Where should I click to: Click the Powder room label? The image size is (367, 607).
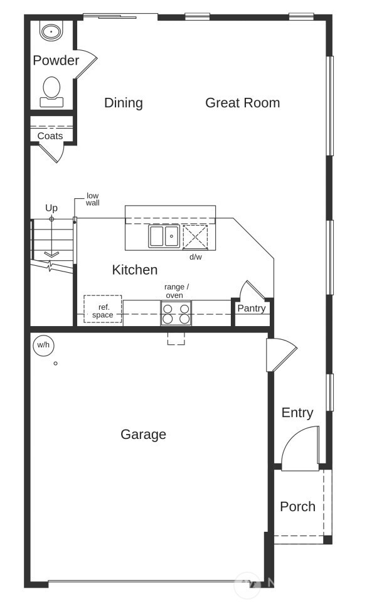click(56, 60)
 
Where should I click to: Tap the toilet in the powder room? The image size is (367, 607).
click(51, 92)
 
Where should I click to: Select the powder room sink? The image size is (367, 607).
click(51, 31)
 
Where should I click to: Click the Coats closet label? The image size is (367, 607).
click(50, 136)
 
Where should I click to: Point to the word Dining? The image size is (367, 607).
click(124, 103)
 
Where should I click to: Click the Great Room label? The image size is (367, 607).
click(242, 103)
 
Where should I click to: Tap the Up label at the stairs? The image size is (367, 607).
click(51, 208)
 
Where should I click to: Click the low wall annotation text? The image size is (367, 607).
click(92, 199)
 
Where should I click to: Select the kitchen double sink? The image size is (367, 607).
click(164, 236)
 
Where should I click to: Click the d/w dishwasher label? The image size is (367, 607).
click(196, 256)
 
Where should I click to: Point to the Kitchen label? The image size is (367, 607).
click(135, 270)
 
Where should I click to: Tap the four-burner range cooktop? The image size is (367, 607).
click(176, 313)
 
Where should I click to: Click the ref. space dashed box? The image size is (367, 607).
click(103, 309)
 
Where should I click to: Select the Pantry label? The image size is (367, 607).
click(252, 309)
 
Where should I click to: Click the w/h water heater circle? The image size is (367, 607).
click(44, 345)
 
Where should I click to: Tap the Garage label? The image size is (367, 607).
click(143, 435)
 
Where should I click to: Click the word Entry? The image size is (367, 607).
click(297, 413)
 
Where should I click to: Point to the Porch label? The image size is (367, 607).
click(298, 506)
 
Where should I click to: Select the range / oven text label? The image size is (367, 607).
click(176, 291)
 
